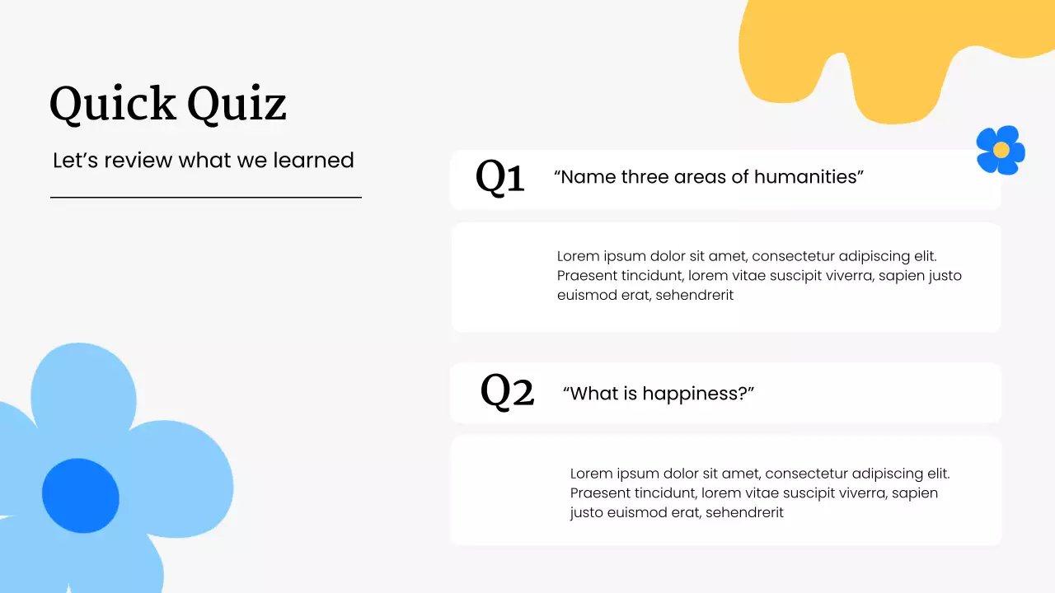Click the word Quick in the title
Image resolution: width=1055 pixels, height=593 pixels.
[x=112, y=105]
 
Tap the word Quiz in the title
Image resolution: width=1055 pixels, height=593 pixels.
[x=237, y=105]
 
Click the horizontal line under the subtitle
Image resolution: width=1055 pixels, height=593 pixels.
[x=206, y=198]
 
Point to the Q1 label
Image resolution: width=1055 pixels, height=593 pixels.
[x=499, y=177]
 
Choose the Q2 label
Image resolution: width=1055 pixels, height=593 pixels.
[x=507, y=392]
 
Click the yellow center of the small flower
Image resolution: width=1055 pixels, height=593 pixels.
[x=1001, y=150]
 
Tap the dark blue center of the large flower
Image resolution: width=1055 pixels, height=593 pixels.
[x=81, y=496]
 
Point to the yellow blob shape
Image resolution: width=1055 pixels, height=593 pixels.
[x=874, y=49]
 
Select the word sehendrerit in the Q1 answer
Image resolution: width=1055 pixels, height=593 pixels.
[x=694, y=295]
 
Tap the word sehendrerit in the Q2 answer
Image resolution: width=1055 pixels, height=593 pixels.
[x=744, y=512]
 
